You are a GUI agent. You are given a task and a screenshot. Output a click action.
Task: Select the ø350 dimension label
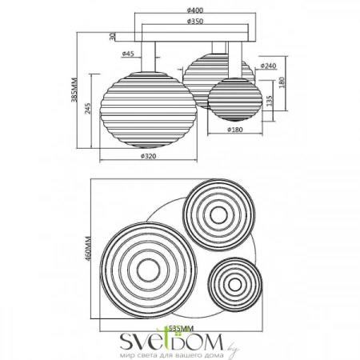pyautogui.click(x=183, y=22)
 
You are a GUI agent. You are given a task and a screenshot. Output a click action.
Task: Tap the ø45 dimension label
pyautogui.click(x=128, y=54)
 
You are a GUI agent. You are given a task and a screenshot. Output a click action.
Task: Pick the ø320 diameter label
pyautogui.click(x=147, y=157)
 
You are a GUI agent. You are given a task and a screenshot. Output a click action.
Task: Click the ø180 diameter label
pyautogui.click(x=235, y=129)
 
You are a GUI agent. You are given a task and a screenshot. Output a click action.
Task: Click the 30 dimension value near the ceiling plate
pyautogui.click(x=114, y=35)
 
